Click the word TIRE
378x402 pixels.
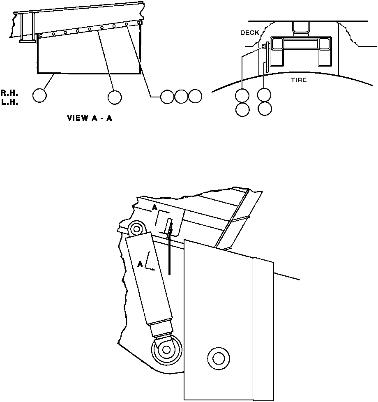[299, 80]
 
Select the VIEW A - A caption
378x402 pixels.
[90, 118]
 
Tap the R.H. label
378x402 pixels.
[9, 94]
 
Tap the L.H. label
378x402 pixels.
[9, 102]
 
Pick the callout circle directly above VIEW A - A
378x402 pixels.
[114, 97]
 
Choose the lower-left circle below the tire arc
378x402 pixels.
[242, 109]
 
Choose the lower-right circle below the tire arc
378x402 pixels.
[264, 109]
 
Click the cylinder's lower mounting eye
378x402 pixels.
[166, 349]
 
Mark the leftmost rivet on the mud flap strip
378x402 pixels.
[41, 36]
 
